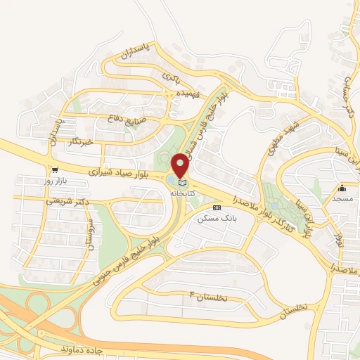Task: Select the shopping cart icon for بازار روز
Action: [x=54, y=170]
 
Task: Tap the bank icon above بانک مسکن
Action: [x=216, y=208]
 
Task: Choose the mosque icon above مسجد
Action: [x=342, y=188]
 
